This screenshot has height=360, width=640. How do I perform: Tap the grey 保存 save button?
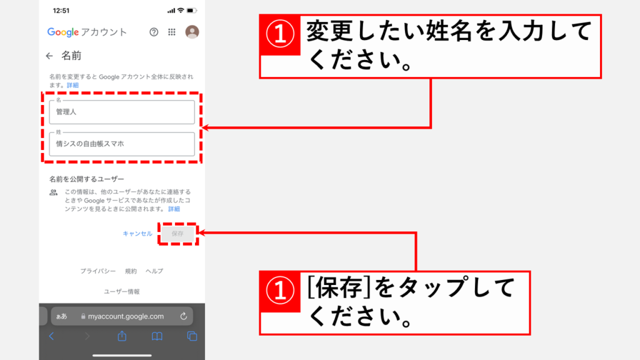(x=177, y=234)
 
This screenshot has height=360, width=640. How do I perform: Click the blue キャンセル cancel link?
(x=137, y=234)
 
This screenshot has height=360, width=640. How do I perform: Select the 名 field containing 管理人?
(x=122, y=112)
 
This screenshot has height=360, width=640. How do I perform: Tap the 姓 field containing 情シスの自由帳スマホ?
(x=122, y=144)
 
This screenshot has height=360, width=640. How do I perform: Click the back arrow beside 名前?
(x=49, y=56)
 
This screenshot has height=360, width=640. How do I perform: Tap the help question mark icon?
(x=154, y=32)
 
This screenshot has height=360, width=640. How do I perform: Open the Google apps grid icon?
(x=172, y=32)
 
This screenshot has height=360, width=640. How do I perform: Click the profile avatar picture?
(x=192, y=32)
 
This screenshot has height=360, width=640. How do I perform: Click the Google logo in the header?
(x=63, y=32)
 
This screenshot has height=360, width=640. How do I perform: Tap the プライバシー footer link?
(x=98, y=271)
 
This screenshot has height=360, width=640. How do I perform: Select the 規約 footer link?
(x=131, y=271)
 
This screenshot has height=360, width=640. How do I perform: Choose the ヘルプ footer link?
(x=154, y=271)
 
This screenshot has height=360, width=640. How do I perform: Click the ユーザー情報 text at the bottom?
(x=122, y=291)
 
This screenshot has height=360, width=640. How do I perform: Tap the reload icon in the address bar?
(x=184, y=316)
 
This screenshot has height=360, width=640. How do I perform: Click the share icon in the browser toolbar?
(x=122, y=336)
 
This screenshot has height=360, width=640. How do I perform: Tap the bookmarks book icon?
(x=157, y=336)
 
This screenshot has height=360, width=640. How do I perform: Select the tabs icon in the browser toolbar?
(x=192, y=336)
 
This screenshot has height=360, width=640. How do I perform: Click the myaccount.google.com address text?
(x=126, y=316)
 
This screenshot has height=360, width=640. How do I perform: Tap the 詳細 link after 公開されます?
(x=174, y=209)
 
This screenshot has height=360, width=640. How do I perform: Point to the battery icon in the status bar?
(x=192, y=11)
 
